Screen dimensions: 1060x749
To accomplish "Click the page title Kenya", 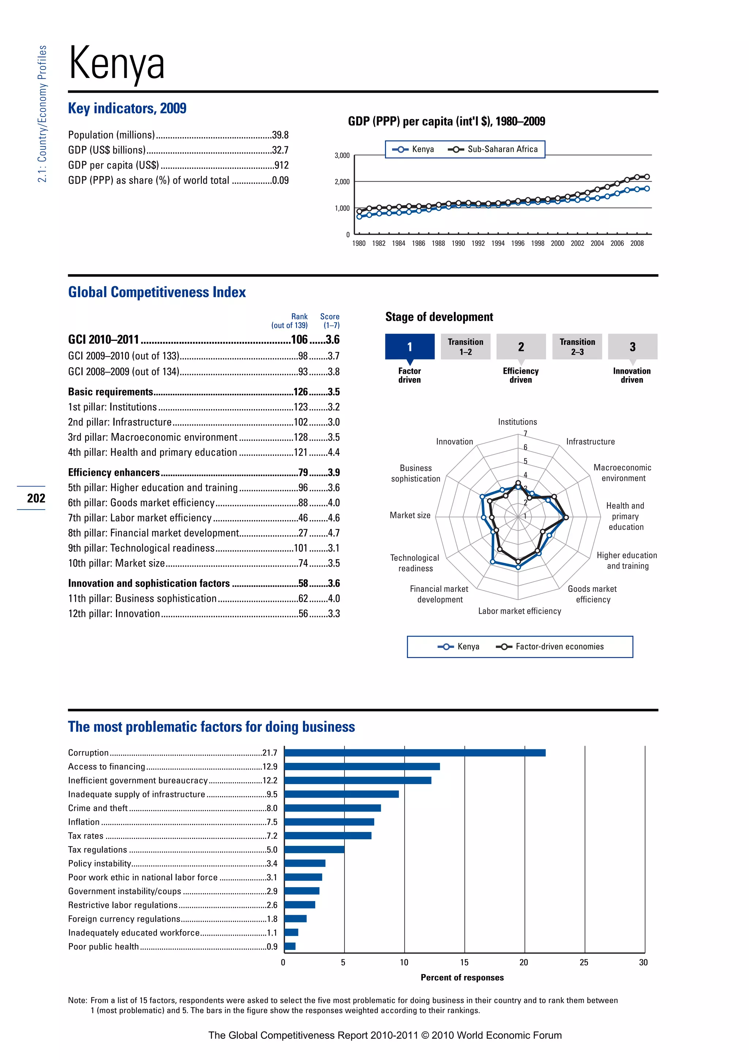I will click(116, 64).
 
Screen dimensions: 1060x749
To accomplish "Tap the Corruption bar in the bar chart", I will click(415, 753).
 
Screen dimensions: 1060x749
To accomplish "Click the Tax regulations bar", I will click(314, 850).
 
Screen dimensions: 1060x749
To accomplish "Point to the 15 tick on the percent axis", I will click(464, 963).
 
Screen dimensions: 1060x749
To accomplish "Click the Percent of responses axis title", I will click(462, 977).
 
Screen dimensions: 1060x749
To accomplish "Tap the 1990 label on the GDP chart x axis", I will click(458, 243).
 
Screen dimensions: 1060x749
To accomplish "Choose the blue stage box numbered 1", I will click(410, 347).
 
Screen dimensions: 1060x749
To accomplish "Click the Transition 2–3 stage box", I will click(577, 347).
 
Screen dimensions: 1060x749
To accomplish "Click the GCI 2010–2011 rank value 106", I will click(299, 340).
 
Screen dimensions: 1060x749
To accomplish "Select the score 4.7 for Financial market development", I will click(334, 533).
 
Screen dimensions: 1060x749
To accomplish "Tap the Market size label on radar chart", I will click(410, 515).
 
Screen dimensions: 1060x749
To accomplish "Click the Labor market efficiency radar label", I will click(519, 611).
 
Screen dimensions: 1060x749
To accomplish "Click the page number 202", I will click(36, 498).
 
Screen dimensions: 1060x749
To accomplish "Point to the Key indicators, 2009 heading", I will click(127, 108).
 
